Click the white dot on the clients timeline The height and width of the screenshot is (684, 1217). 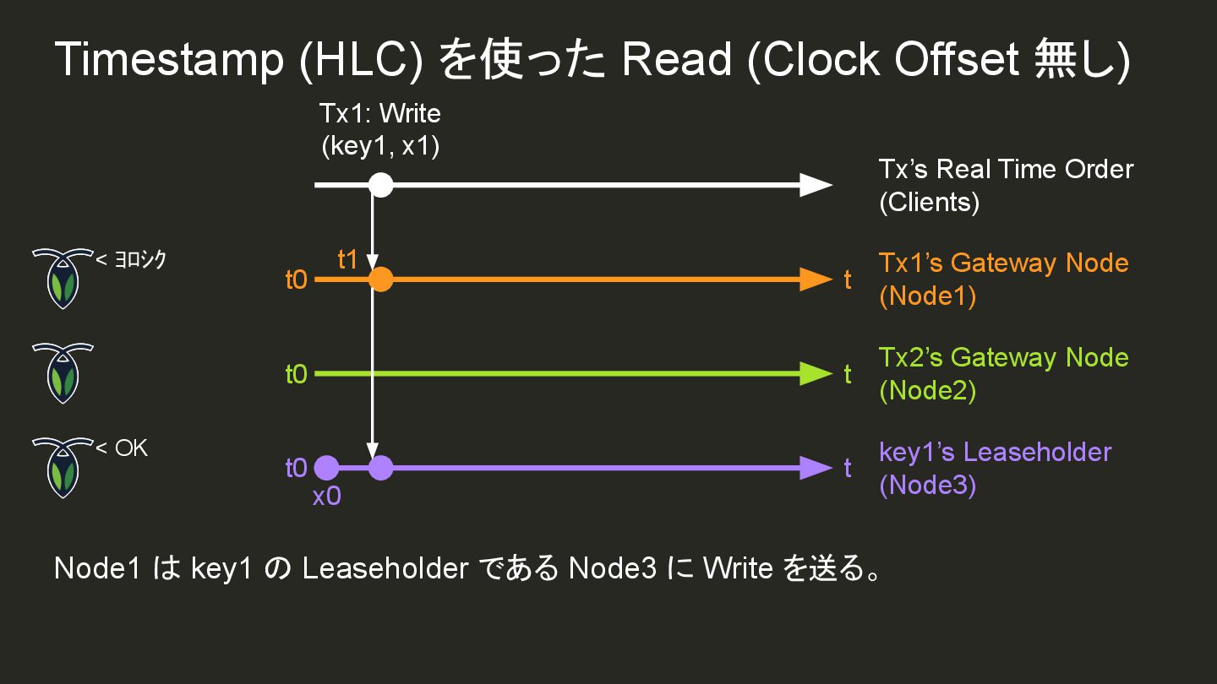click(381, 184)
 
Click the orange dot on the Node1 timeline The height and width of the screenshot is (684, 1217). click(381, 279)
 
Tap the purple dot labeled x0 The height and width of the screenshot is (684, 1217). click(326, 467)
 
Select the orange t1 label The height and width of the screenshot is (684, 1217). click(348, 260)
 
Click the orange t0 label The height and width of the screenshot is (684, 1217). click(297, 280)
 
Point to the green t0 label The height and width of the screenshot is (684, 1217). click(297, 373)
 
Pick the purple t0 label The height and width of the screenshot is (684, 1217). click(297, 468)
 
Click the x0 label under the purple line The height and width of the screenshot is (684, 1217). click(327, 497)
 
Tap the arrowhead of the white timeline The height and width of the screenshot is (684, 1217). click(816, 184)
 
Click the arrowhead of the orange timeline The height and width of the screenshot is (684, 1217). click(816, 279)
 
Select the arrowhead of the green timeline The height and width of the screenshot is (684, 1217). click(816, 373)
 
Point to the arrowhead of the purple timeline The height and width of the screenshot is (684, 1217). click(816, 467)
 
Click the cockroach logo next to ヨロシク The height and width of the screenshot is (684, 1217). click(62, 278)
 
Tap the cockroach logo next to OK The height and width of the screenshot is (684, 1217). click(62, 467)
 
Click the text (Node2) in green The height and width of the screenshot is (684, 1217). click(927, 391)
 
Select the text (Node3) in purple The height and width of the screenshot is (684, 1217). click(927, 486)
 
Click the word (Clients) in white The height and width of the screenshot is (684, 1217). click(929, 203)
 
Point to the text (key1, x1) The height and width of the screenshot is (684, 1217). click(380, 145)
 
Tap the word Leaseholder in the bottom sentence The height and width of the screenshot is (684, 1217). click(385, 568)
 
